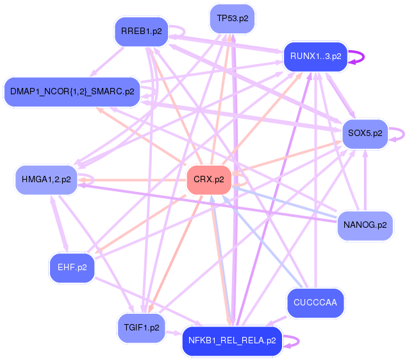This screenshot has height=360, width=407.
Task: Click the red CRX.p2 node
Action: coord(208,180)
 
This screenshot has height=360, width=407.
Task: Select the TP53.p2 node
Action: coord(232,19)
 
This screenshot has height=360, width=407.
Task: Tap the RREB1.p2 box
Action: coord(141,31)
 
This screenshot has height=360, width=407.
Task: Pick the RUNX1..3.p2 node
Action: coord(315,56)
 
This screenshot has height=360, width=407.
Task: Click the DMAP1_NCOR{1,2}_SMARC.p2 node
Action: coord(72,92)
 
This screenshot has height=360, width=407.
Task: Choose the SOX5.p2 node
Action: coord(365,133)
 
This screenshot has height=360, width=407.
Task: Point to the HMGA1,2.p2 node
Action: coord(46,180)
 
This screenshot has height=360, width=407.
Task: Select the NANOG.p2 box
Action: coord(365,225)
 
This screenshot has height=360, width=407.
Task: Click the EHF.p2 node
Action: coord(72,268)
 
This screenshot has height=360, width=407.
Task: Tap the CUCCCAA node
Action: coord(315,302)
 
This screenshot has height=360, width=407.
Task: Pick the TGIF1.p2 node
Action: coord(141,327)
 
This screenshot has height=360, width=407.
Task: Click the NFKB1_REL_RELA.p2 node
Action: coord(231,341)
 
